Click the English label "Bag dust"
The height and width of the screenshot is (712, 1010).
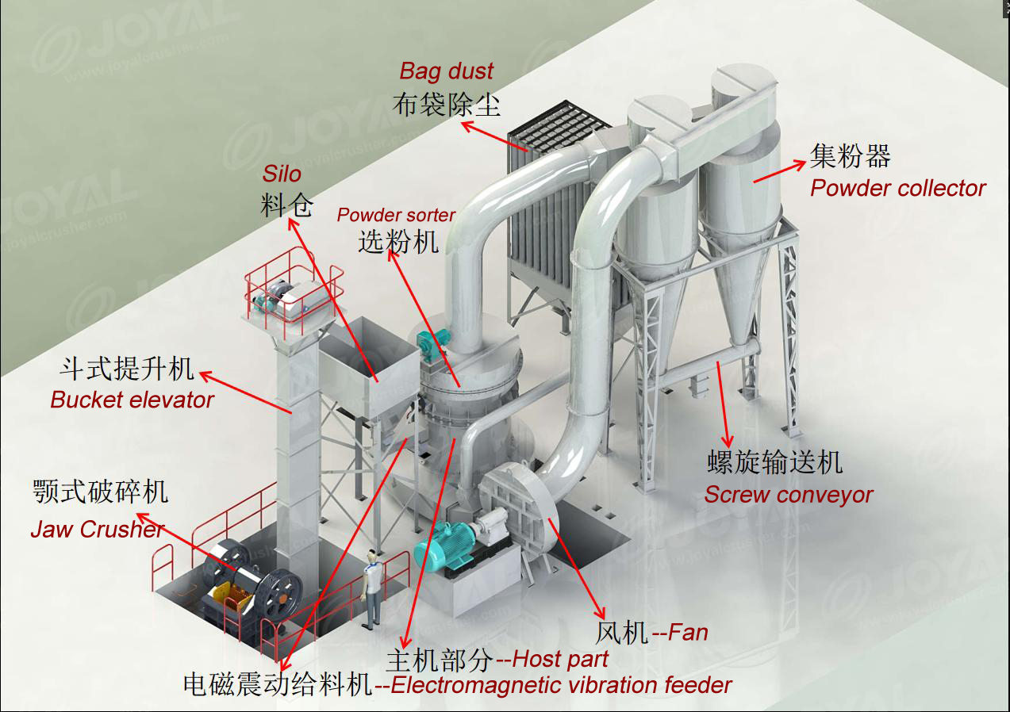point(446,71)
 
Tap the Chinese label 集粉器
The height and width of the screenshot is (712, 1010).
point(850,156)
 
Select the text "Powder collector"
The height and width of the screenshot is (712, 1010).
point(897,189)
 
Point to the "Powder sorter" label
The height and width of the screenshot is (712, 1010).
point(396,216)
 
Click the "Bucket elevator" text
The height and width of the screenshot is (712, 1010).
point(132,400)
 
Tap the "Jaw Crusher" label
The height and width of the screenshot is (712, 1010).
point(97,530)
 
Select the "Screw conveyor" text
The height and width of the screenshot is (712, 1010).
point(789,495)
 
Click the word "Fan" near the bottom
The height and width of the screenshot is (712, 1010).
point(688,633)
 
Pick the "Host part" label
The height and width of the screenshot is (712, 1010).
point(561,659)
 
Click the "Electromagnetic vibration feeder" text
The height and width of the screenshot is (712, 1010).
point(561,685)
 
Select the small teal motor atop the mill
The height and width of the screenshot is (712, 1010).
point(429,343)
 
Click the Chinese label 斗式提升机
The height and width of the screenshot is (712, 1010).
point(126,369)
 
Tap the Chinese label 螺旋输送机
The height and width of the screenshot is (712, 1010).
point(774,462)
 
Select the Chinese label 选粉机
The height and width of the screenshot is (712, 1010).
point(397,240)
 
